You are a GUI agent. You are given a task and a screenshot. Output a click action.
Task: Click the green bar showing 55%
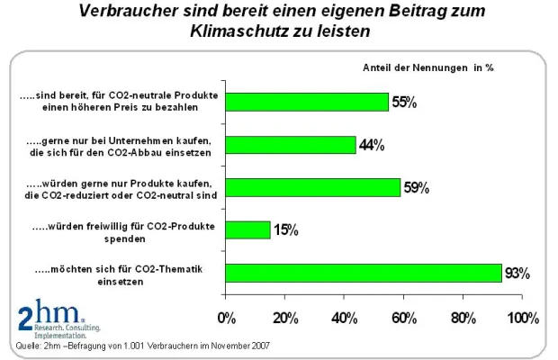coord(307,102)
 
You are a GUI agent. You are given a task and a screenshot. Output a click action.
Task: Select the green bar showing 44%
coord(291,145)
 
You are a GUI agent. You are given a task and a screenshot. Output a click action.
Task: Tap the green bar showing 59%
coord(312,187)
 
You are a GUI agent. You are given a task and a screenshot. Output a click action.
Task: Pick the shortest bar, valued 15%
coord(247,229)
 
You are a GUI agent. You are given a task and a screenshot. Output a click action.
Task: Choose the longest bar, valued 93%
coord(363,272)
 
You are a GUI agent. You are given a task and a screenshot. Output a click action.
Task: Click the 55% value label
coord(403,103)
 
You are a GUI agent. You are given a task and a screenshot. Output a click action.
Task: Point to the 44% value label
coord(371,145)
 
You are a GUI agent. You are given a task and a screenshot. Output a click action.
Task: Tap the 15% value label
coord(285,230)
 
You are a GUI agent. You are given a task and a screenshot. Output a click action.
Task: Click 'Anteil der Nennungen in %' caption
coord(427,67)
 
